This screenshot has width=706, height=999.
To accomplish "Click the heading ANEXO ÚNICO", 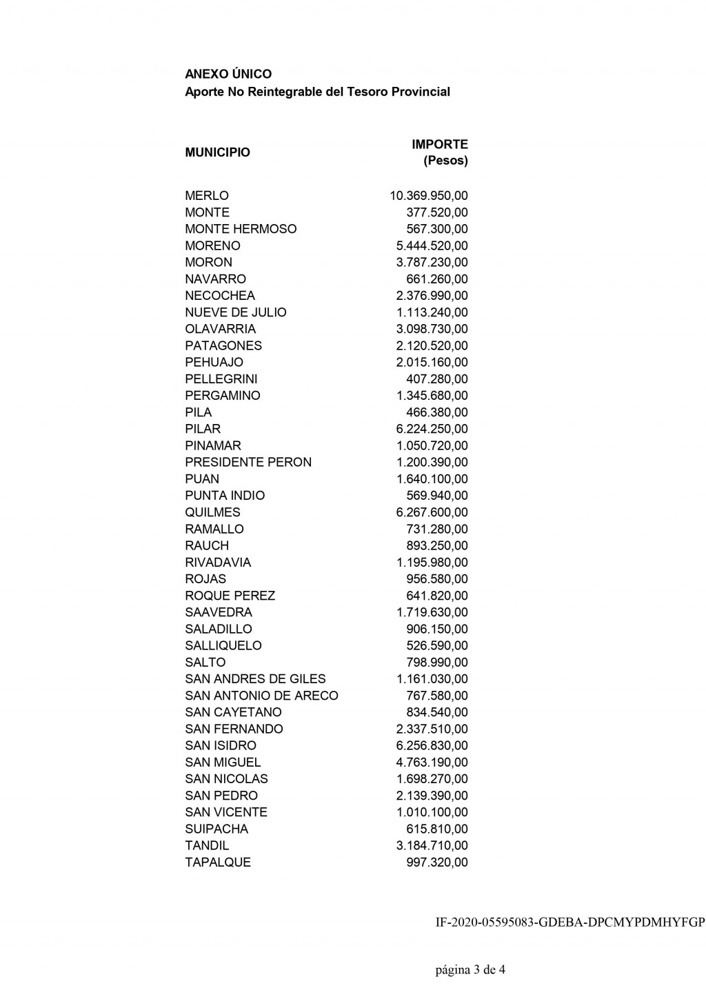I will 228,74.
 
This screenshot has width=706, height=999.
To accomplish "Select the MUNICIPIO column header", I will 217,152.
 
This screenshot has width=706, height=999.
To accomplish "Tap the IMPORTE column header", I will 439,145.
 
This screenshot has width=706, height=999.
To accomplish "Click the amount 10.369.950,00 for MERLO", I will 428,196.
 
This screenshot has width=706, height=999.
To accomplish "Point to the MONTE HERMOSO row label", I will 241,229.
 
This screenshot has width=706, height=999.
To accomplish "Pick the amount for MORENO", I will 432,245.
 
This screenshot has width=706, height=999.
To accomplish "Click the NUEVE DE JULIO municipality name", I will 235,312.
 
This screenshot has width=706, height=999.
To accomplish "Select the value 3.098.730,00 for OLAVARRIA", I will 432,329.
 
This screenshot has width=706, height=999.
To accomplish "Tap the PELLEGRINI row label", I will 221,379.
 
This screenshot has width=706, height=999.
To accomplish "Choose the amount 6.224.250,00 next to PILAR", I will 432,429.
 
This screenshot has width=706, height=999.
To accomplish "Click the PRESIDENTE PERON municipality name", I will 248,462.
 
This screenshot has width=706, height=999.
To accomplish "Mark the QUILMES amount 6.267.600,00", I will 432,512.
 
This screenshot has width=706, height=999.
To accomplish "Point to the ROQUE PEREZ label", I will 230,596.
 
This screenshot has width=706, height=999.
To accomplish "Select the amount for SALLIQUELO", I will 436,645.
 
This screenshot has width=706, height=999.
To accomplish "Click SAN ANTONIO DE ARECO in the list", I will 261,696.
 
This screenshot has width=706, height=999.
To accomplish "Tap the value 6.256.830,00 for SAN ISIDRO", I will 432,745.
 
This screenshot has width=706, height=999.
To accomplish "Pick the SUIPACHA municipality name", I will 216,829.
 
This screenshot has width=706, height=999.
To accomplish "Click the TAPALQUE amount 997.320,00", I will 436,862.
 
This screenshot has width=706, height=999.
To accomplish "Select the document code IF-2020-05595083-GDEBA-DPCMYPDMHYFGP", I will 570,922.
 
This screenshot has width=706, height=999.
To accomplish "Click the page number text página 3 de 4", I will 470,970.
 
